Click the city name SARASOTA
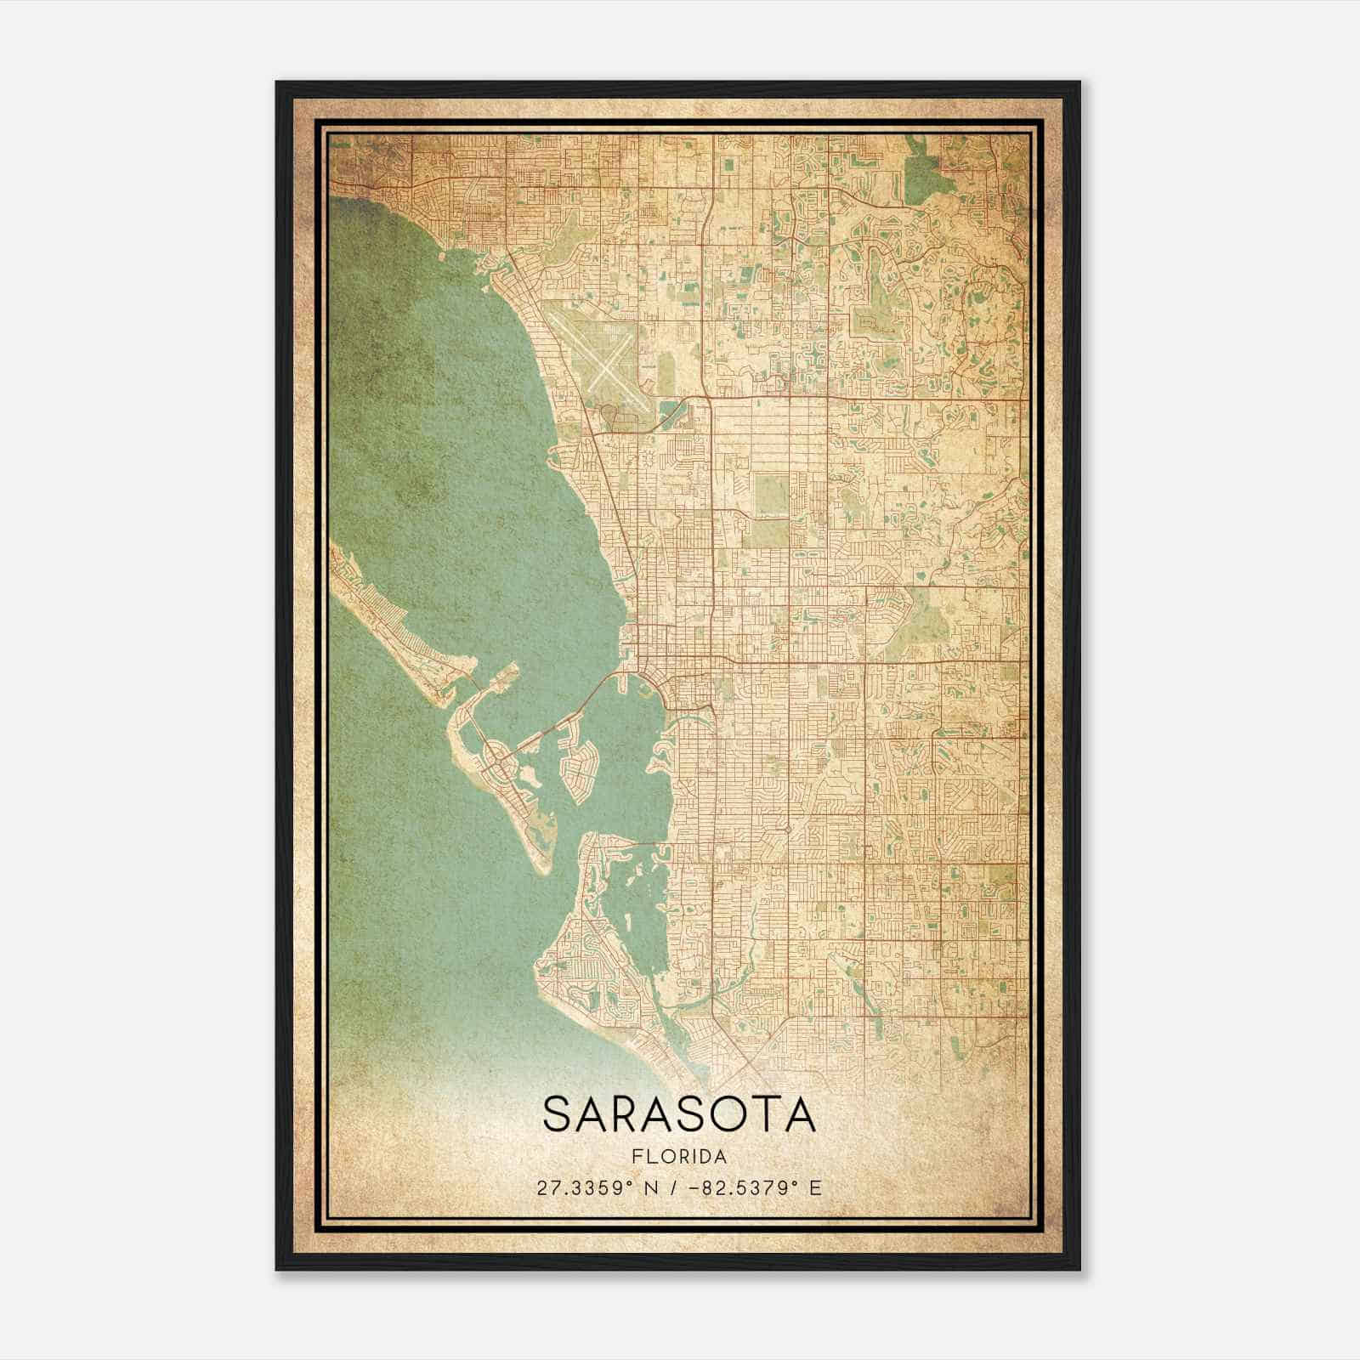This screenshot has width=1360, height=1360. point(679,1113)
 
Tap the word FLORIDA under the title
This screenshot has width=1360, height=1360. point(679,1156)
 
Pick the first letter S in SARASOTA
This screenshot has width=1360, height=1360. point(558,1113)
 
